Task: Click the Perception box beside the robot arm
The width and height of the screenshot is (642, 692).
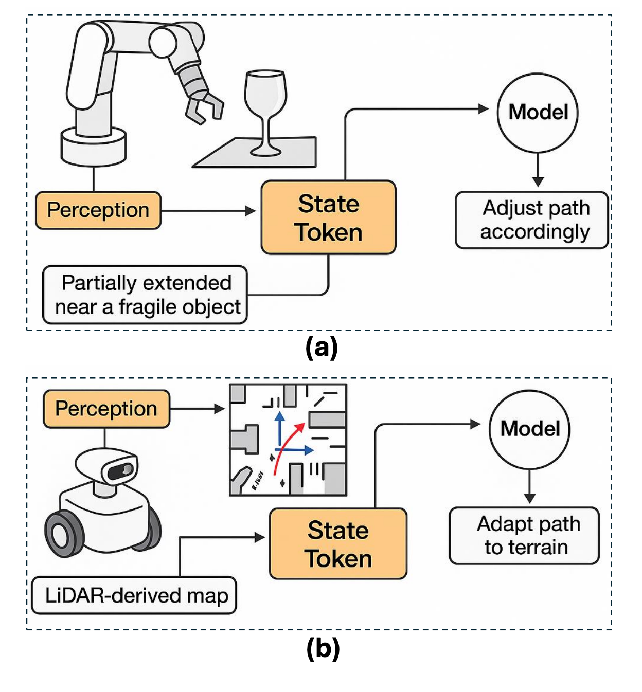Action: pyautogui.click(x=98, y=210)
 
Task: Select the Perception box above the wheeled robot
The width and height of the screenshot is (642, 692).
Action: pyautogui.click(x=106, y=409)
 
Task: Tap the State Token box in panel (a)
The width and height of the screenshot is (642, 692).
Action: pyautogui.click(x=328, y=217)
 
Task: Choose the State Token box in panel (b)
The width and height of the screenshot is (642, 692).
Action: pyautogui.click(x=338, y=544)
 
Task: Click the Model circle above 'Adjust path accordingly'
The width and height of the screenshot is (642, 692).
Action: pyautogui.click(x=538, y=113)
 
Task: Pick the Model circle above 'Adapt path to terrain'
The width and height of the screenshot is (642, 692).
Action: pyautogui.click(x=529, y=429)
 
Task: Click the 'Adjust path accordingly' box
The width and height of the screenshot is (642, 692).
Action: pyautogui.click(x=532, y=220)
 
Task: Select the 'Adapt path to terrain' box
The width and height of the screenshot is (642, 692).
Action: pyautogui.click(x=524, y=536)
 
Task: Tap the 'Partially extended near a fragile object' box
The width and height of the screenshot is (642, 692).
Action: pyautogui.click(x=145, y=295)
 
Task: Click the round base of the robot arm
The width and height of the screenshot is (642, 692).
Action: pyautogui.click(x=93, y=147)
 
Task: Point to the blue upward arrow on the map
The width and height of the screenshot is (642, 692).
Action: pyautogui.click(x=279, y=427)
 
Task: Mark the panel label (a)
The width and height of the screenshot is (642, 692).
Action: pyautogui.click(x=322, y=348)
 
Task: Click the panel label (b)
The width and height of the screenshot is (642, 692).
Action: pyautogui.click(x=323, y=648)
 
